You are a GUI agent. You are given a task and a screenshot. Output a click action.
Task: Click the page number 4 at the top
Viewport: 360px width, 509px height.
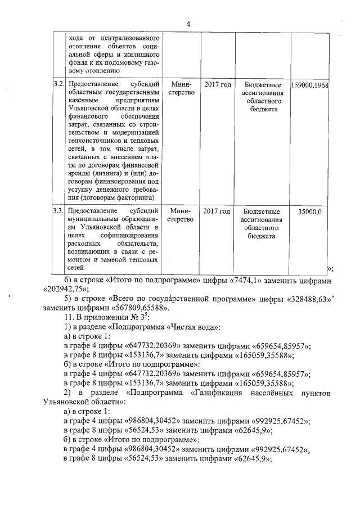pos(188,24)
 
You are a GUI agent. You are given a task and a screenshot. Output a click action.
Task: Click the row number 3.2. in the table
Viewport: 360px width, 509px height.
pos(57,84)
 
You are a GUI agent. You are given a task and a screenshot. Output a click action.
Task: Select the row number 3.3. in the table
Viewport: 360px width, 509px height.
pos(57,211)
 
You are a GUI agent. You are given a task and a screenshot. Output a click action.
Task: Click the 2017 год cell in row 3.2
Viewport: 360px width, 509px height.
pos(218,84)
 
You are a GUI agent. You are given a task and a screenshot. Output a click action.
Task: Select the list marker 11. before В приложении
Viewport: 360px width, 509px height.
pos(70,317)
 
